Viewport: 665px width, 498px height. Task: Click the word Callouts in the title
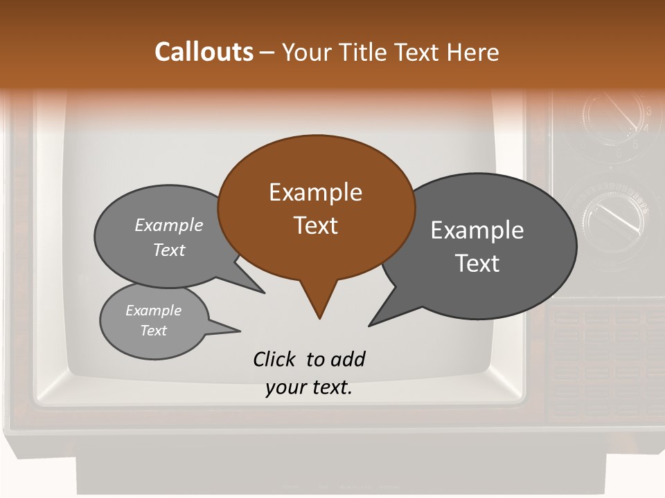tap(204, 52)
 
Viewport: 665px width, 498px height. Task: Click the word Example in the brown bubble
tap(316, 192)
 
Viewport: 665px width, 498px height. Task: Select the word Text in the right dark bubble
tap(478, 264)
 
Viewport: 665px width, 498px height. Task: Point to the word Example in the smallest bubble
tap(153, 311)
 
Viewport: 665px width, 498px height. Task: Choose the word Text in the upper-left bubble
tap(169, 250)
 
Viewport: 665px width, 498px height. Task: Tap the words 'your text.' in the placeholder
tap(309, 388)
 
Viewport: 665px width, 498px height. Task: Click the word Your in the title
tap(307, 52)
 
